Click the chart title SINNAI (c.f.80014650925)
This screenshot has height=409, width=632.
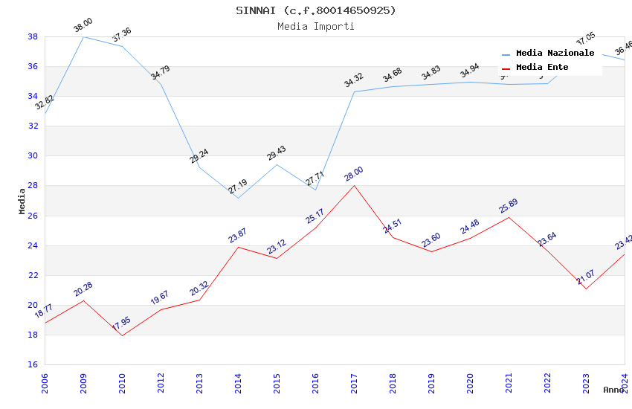click(316, 10)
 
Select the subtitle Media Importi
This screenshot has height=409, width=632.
click(316, 26)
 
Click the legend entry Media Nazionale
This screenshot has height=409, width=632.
click(555, 54)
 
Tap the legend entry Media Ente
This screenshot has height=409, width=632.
click(542, 68)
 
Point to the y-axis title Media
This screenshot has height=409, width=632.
click(22, 201)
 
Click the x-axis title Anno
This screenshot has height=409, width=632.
click(613, 390)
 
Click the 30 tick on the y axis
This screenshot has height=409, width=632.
click(33, 156)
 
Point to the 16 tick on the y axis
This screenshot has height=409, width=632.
click(33, 364)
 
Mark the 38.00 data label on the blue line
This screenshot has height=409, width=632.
click(83, 27)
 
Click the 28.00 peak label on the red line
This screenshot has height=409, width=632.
click(354, 175)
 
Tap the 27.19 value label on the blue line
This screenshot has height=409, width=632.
click(238, 187)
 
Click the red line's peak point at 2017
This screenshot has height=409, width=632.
click(354, 185)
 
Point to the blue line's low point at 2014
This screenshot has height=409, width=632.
click(238, 198)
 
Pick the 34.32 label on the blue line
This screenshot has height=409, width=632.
click(354, 80)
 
